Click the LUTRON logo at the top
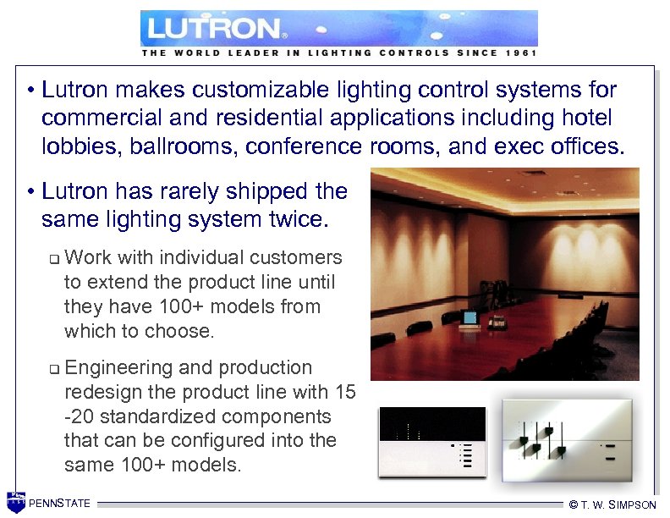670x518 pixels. click(x=217, y=29)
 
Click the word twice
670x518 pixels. click(x=304, y=220)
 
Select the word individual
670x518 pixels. click(x=186, y=257)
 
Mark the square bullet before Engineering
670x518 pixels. click(x=52, y=369)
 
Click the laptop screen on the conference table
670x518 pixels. click(x=470, y=318)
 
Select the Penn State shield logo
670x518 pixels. click(x=15, y=503)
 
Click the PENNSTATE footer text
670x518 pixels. click(x=59, y=504)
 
